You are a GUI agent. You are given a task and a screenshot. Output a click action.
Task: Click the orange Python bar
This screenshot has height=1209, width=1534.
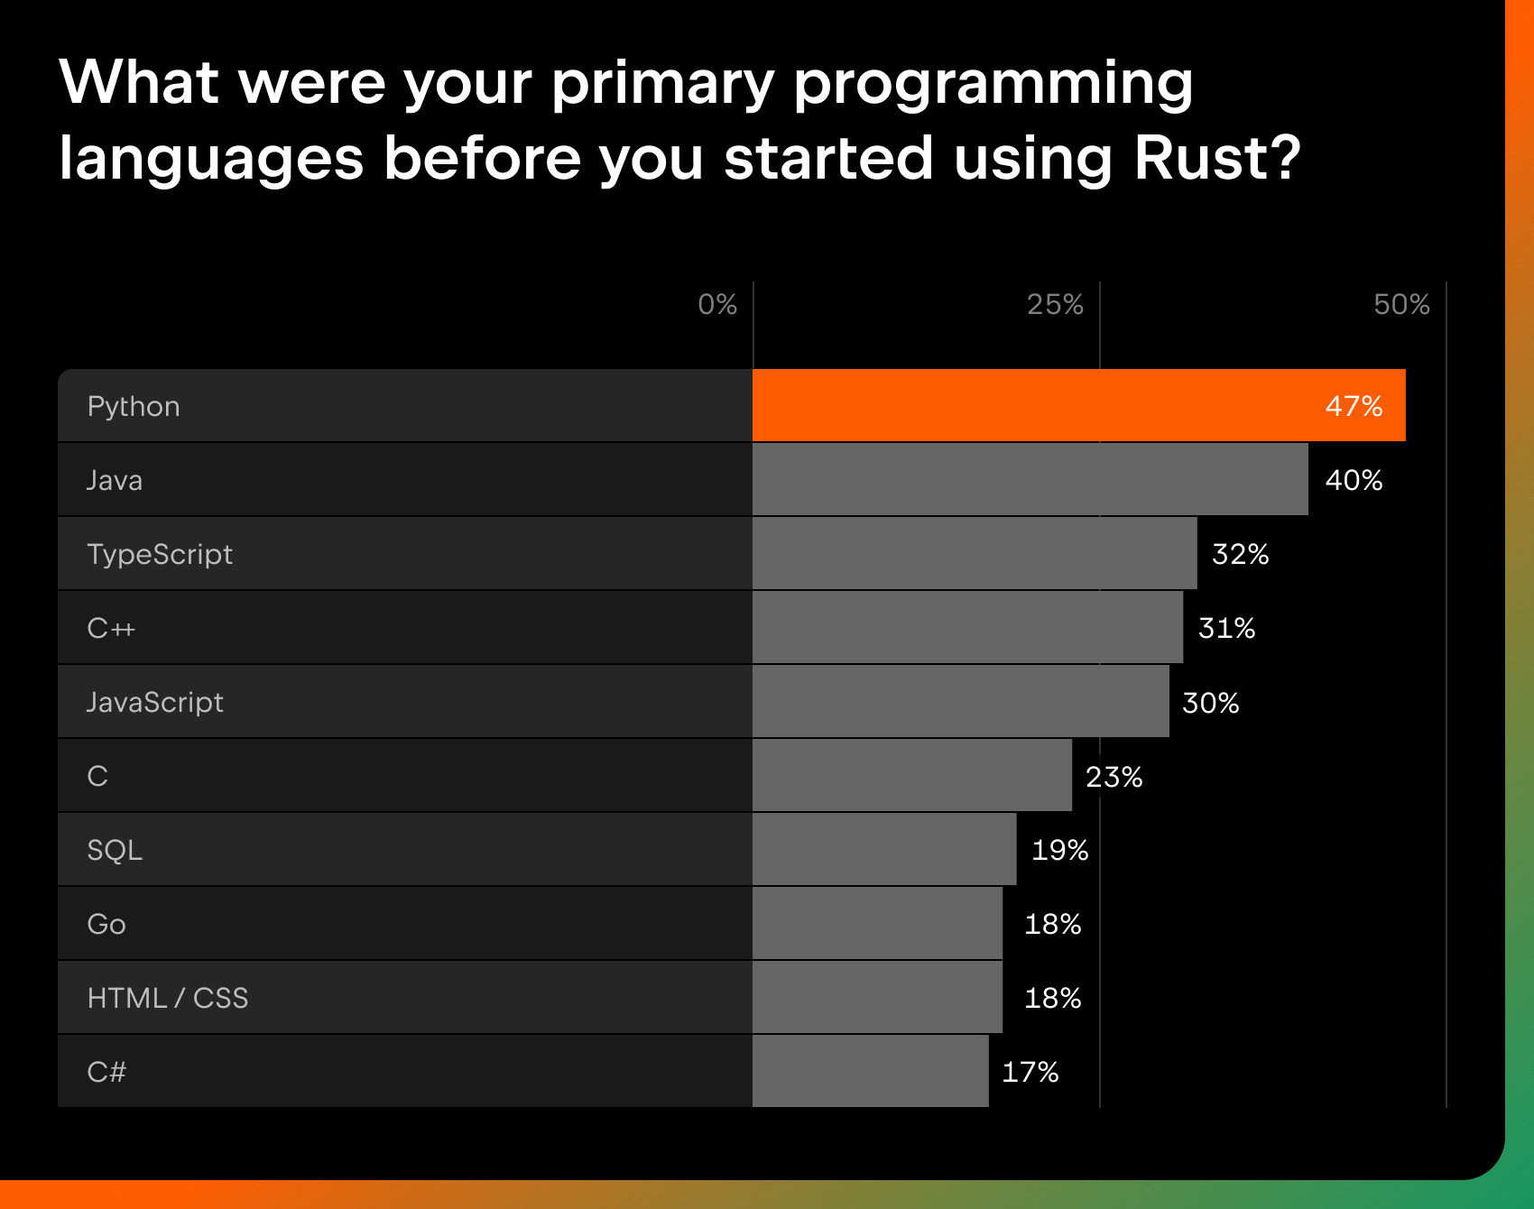(1038, 405)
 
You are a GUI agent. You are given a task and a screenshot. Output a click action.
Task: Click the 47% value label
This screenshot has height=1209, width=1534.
(1354, 406)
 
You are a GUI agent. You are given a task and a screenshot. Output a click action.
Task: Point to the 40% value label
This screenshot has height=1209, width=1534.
(1354, 480)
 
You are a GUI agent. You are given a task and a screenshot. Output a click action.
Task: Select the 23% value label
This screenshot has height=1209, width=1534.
(1114, 777)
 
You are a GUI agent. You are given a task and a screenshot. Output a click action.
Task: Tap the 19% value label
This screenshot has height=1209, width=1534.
(1059, 850)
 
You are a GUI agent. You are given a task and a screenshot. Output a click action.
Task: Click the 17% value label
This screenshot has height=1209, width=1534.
(1030, 1072)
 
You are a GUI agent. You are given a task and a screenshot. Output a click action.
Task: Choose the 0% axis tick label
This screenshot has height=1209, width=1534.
(717, 305)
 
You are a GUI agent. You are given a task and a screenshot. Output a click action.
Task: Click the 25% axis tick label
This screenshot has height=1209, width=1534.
(1055, 305)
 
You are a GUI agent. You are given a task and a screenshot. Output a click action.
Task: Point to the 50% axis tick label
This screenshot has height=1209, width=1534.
(1401, 305)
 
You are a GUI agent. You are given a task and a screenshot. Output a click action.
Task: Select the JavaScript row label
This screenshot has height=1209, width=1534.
(154, 702)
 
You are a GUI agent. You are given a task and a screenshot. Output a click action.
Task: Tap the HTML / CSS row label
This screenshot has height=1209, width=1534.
(168, 998)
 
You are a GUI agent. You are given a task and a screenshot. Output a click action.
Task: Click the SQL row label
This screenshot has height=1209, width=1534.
(115, 850)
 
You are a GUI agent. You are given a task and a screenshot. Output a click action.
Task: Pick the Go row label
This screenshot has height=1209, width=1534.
(106, 924)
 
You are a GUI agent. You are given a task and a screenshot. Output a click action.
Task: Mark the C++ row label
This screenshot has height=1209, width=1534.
(111, 628)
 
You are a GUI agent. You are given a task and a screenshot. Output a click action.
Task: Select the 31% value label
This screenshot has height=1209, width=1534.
(1226, 628)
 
